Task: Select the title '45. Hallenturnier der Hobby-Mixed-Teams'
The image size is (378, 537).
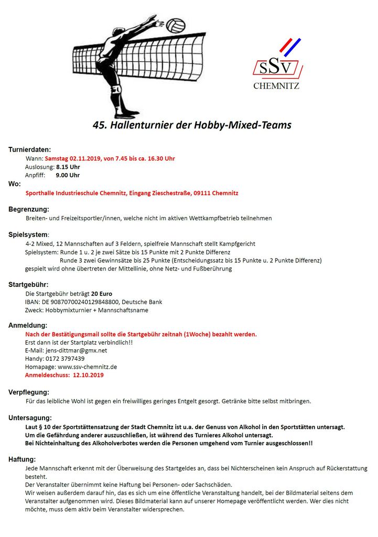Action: (192, 125)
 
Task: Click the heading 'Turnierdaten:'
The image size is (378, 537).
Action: (29, 149)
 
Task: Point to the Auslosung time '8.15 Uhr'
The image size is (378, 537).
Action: (68, 167)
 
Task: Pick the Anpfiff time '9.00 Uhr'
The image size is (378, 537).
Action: (68, 175)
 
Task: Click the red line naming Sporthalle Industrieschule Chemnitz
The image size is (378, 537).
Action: (132, 193)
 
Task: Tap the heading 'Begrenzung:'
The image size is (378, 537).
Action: (28, 209)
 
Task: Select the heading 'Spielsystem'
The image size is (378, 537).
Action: (28, 234)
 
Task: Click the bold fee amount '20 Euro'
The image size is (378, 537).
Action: (102, 294)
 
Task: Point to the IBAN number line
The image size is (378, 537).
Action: (93, 302)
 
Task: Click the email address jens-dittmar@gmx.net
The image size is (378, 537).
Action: (75, 350)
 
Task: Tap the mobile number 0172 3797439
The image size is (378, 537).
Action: (62, 359)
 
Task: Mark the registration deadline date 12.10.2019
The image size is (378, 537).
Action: (88, 375)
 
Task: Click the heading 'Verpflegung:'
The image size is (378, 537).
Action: (29, 392)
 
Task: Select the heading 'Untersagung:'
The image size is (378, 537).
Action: (30, 418)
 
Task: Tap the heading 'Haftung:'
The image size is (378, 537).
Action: (22, 459)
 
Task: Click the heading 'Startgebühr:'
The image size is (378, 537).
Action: (28, 285)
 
